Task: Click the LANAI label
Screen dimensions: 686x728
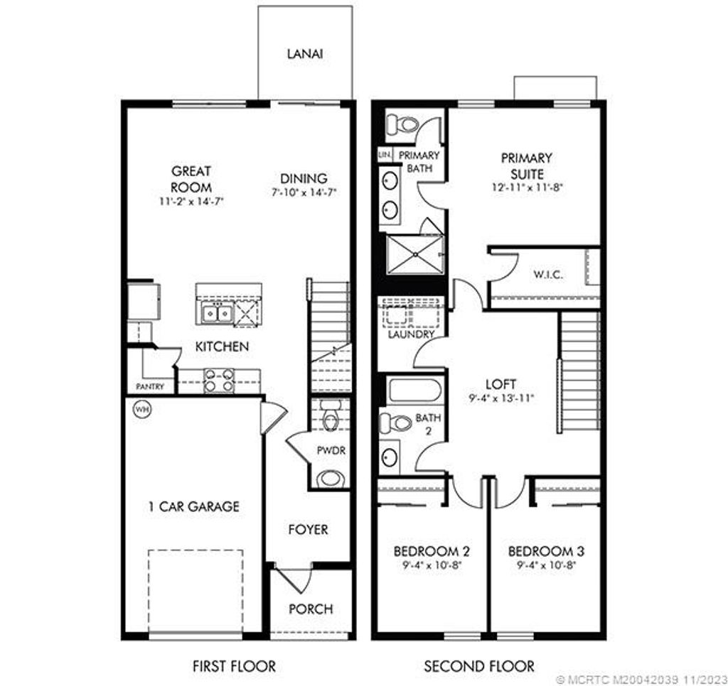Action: [306, 54]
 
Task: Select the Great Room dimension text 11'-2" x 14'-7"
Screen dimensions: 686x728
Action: [191, 202]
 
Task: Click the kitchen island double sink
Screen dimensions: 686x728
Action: [217, 312]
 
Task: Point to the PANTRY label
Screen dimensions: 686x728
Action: [151, 387]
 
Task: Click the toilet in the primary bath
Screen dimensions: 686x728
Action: [402, 125]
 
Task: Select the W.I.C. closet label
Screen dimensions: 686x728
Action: [547, 275]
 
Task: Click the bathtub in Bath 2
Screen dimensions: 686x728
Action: [414, 391]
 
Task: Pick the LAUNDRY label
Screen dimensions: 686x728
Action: [411, 334]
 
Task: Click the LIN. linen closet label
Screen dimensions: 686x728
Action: [385, 154]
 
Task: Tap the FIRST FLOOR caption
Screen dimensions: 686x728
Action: [234, 666]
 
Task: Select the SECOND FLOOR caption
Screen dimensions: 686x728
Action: [479, 666]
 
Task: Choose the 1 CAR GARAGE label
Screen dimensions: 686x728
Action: [193, 506]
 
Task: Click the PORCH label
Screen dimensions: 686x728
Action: [311, 609]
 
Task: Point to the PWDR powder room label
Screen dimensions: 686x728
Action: [331, 450]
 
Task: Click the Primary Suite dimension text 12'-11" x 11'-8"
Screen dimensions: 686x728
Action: [526, 188]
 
